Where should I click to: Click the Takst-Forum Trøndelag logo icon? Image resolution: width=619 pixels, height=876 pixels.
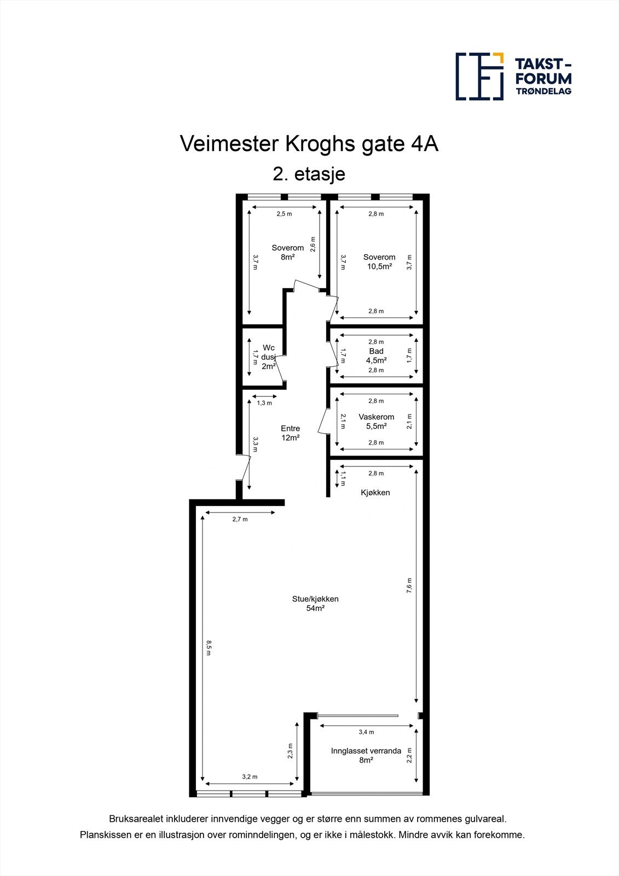[x=479, y=76]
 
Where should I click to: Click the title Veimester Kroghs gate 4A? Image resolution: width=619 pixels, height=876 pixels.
[x=309, y=144]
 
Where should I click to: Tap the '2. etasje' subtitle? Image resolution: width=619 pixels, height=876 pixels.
[x=309, y=174]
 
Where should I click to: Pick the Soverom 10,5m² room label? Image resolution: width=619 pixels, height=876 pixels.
[x=379, y=262]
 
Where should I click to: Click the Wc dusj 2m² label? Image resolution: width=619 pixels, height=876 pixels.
[x=268, y=357]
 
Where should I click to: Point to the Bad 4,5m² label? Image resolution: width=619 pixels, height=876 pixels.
[x=377, y=356]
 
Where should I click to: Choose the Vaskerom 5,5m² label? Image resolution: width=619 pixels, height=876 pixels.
[x=377, y=421]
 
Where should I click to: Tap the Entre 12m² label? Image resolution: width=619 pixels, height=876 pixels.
[x=290, y=433]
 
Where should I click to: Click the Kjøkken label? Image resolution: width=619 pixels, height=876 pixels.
[x=375, y=492]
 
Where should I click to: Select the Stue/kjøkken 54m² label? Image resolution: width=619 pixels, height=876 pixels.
[x=315, y=603]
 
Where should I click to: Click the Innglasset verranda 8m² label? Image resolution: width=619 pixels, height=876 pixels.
[x=366, y=755]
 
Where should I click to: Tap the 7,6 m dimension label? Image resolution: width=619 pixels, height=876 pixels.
[x=409, y=585]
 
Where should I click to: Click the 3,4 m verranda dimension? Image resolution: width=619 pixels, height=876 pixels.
[x=366, y=732]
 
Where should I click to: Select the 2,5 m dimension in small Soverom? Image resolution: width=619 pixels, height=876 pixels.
[x=284, y=214]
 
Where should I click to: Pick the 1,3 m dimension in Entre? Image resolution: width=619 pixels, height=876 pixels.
[x=264, y=403]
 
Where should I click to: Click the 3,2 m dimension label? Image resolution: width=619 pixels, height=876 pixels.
[x=250, y=777]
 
